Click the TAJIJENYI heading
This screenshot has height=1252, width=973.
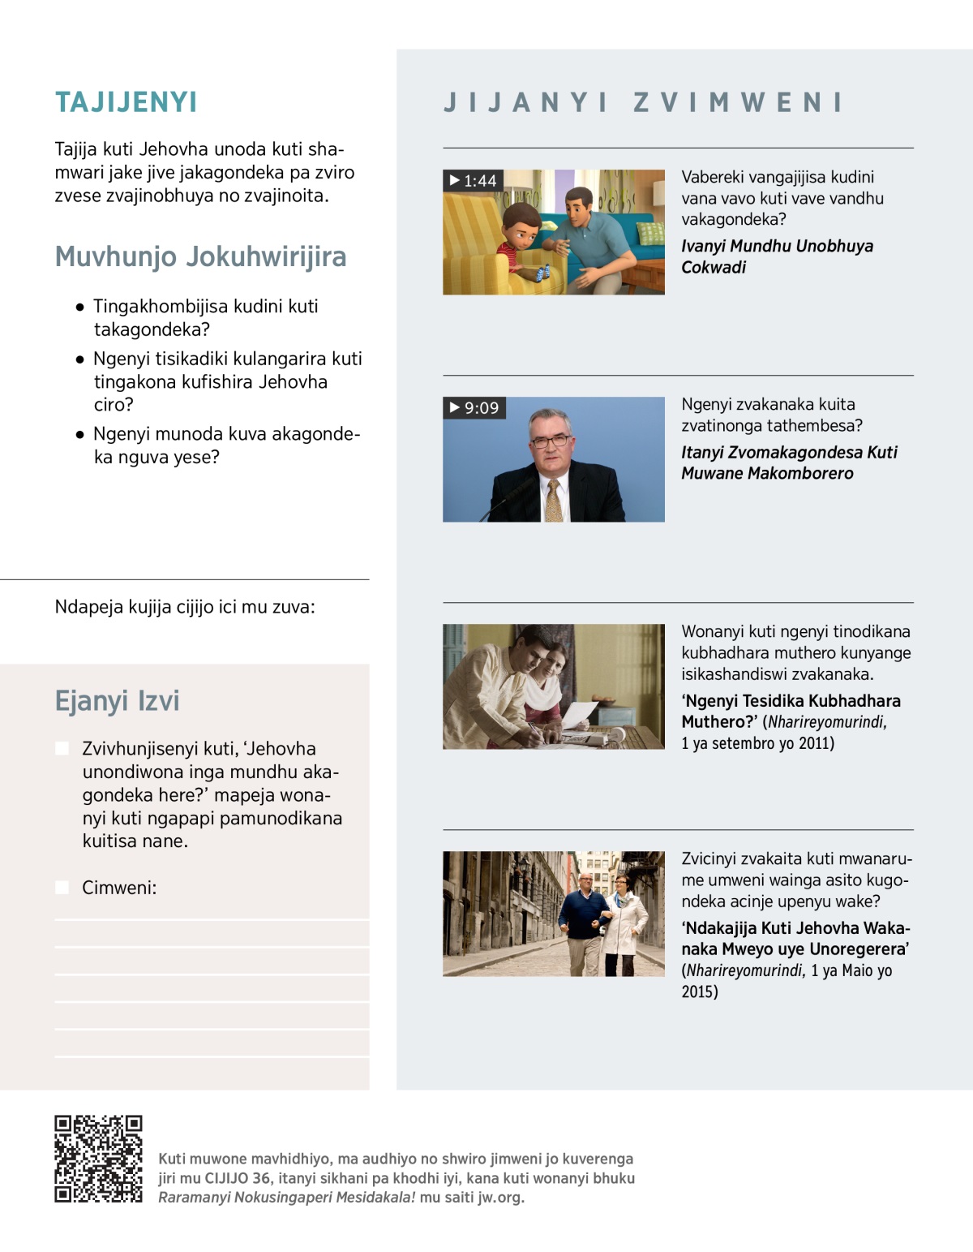pos(126,102)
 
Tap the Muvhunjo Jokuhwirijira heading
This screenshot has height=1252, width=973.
pos(200,256)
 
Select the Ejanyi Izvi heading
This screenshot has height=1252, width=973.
pos(117,700)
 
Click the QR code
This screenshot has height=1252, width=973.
pos(98,1159)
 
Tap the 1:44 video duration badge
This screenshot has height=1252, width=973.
pos(474,180)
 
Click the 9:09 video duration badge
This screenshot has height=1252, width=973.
pos(474,407)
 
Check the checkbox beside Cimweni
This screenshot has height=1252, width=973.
pos(62,888)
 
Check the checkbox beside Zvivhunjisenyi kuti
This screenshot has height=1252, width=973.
pos(62,748)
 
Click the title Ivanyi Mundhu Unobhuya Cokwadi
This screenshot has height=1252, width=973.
pos(777,256)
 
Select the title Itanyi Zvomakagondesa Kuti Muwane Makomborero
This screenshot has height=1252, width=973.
pos(789,463)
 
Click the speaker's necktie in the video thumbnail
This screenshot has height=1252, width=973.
pos(554,501)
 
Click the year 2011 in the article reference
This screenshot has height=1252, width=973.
pos(815,743)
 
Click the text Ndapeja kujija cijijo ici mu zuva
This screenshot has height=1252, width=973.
pos(185,607)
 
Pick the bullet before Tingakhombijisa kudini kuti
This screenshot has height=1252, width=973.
pos(79,307)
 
